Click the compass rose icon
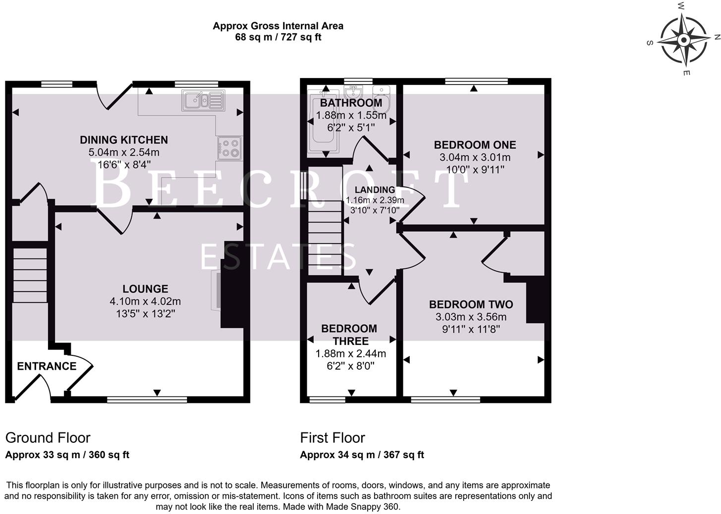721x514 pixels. coord(683,40)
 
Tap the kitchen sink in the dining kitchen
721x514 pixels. coord(203,100)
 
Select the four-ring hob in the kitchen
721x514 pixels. coord(229,148)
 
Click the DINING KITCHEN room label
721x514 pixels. coord(124,140)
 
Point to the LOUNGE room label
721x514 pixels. coord(145,289)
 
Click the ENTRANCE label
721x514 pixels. coord(47,366)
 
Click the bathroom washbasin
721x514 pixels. coord(352,92)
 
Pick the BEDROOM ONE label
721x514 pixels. coord(475,145)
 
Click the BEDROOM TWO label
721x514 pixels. coord(471,304)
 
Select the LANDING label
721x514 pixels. coord(375,190)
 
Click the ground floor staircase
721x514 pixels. coord(30,275)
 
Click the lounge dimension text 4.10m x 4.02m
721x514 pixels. coord(145,301)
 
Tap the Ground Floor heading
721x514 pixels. coord(48,438)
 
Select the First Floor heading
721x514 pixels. coord(332,438)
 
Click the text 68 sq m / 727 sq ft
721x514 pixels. coord(278,37)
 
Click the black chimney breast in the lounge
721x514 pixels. coord(232,285)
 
